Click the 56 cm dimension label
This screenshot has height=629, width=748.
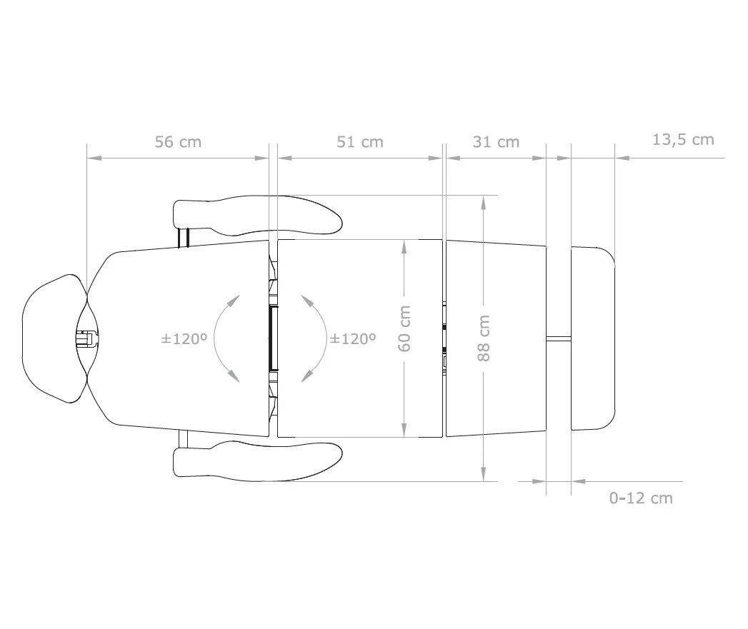click(x=178, y=142)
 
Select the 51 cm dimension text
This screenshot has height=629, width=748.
click(x=360, y=142)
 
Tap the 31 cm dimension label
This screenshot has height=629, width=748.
click(x=496, y=142)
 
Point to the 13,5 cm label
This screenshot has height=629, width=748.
click(x=683, y=140)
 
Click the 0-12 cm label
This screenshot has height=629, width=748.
click(x=641, y=498)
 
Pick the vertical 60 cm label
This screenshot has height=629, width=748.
click(x=404, y=329)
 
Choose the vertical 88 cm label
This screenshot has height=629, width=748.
click(x=484, y=338)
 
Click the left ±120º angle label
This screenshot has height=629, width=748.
click(x=184, y=339)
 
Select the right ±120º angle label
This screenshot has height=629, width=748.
click(x=353, y=339)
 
